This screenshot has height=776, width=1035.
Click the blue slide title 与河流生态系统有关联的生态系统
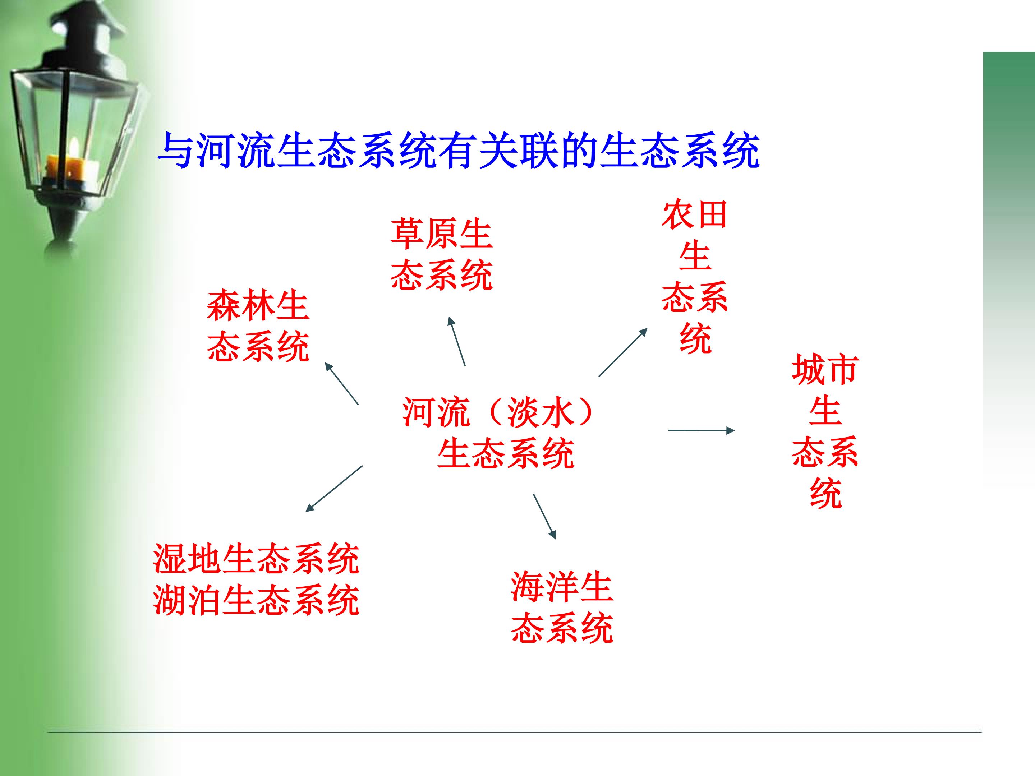point(458,151)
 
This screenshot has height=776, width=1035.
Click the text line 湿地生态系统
point(256,559)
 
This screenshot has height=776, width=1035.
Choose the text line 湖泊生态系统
point(256,600)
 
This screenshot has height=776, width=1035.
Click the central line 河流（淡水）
point(499,412)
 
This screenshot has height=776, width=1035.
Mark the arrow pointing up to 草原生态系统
point(457,341)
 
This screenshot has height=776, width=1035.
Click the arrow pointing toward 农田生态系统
point(623,352)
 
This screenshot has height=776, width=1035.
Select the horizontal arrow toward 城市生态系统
point(701,430)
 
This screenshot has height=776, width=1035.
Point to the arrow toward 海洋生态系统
point(545,516)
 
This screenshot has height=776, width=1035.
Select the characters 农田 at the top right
point(695,215)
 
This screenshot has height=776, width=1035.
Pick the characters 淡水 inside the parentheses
point(540,412)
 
